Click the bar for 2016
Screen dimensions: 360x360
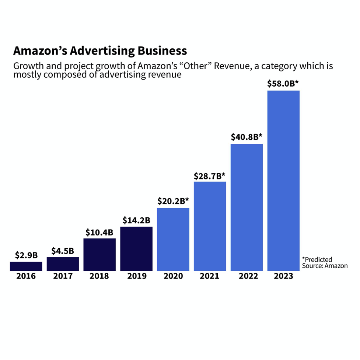[x=26, y=266]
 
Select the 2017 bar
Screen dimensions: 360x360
[x=63, y=264]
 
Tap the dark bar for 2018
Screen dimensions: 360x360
[x=99, y=255]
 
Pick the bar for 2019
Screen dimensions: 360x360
[x=136, y=249]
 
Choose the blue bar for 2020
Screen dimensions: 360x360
[x=173, y=240]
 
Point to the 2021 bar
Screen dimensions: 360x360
[x=210, y=226]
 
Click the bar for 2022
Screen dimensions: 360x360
[x=247, y=207]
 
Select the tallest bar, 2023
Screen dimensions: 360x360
[x=283, y=181]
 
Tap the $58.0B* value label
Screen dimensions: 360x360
[x=283, y=83]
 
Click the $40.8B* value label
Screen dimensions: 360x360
[x=247, y=137]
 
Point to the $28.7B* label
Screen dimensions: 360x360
[x=210, y=176]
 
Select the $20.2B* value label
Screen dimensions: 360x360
[x=173, y=201]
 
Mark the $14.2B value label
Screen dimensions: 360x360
[x=136, y=220]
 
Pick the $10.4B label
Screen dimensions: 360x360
[x=99, y=232]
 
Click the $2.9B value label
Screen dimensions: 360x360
[x=26, y=255]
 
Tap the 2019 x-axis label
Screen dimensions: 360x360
[x=137, y=276]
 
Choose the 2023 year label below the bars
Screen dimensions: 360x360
[x=283, y=276]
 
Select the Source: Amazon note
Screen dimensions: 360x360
[x=325, y=266]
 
